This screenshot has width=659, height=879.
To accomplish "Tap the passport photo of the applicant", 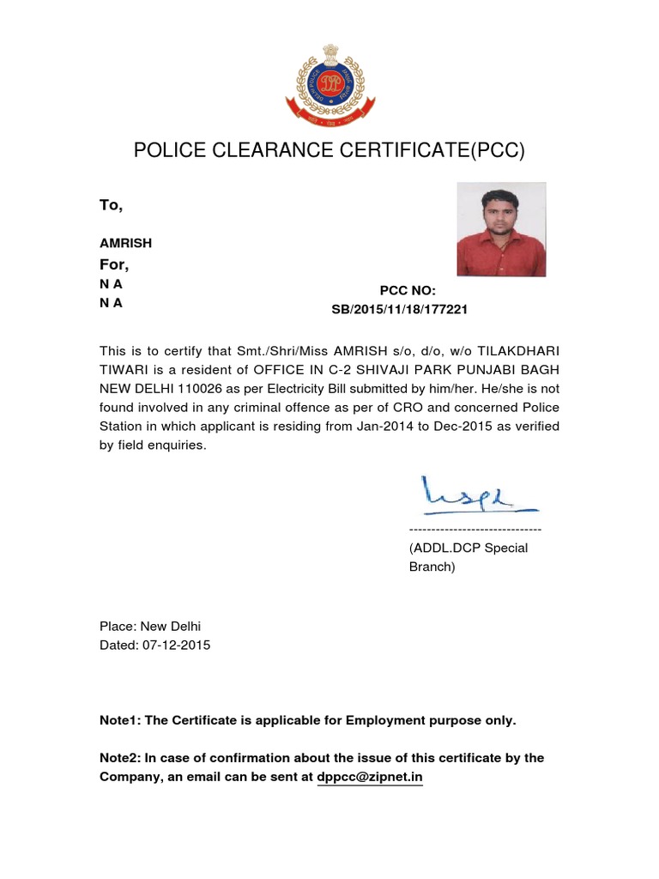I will click(x=501, y=229).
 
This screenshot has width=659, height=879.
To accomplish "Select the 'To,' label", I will click(x=112, y=205).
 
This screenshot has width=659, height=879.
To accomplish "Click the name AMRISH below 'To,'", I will click(x=126, y=244).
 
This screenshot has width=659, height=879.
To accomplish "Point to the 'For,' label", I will click(x=114, y=264).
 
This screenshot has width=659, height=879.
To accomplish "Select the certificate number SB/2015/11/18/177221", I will click(x=400, y=309).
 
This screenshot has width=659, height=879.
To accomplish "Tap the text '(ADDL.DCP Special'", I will click(x=468, y=548).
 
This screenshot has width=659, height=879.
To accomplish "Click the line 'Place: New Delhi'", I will click(x=150, y=627).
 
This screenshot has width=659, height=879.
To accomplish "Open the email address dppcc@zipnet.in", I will click(x=370, y=777).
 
